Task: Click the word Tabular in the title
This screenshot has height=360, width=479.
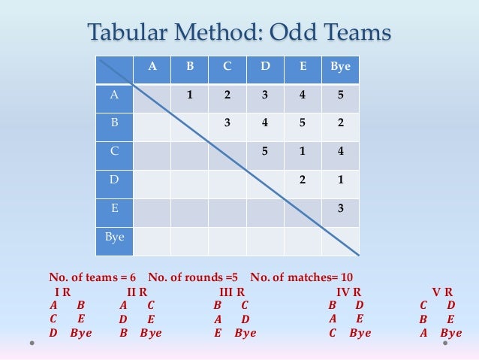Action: coord(128,33)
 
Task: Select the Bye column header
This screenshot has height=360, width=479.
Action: coord(340,67)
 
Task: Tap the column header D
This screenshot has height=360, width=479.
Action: coord(265,67)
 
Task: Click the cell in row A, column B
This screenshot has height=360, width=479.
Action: coord(190,95)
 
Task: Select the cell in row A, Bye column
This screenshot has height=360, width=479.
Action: coord(340,95)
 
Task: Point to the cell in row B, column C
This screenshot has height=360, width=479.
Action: coord(227,123)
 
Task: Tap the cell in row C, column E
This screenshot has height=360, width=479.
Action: coord(303,150)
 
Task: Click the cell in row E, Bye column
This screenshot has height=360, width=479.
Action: coord(340,208)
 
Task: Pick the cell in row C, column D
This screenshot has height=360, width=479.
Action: coord(265,150)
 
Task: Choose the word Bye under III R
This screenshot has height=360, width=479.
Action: coord(245,333)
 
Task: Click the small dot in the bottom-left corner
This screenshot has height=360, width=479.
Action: coord(33,343)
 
